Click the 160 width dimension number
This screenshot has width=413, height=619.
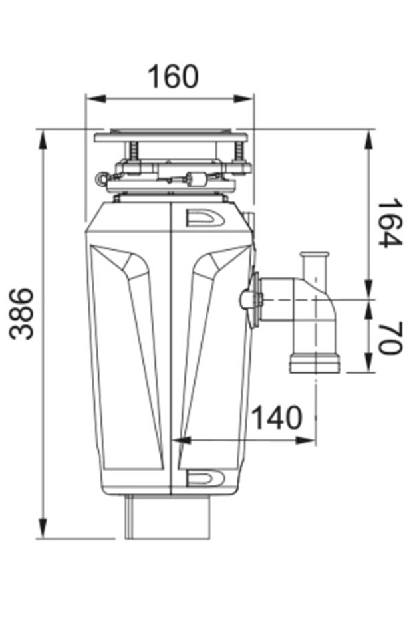pos(172,77)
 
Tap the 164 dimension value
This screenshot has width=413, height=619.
pos(390,222)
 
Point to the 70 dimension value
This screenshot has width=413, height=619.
pos(390,338)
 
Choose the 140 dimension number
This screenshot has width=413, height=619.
pos(276,418)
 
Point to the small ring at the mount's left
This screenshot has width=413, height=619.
pos(101,178)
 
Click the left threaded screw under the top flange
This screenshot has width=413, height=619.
pos(132,152)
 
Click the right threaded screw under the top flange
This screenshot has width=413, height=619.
pos(238,152)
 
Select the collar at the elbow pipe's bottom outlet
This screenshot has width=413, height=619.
pos(315,364)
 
